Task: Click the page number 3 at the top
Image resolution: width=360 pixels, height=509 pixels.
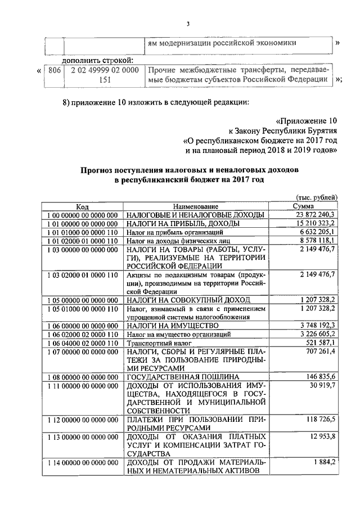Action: pos(189,23)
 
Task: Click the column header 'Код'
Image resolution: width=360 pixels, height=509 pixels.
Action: pos(83,206)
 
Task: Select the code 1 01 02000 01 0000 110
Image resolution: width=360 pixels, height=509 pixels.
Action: pos(83,240)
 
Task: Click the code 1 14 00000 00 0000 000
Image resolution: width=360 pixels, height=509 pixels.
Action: pos(83,462)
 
